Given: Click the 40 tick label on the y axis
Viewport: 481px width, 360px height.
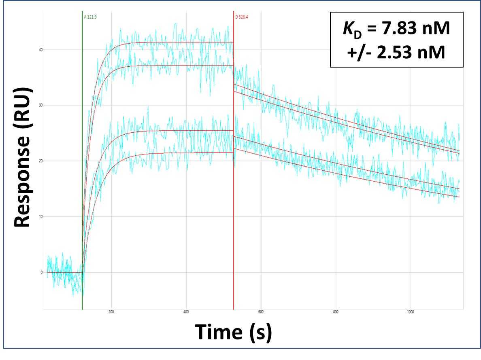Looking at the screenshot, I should pos(41,50).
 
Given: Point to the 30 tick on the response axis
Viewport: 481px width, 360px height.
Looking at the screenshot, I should pos(41,105).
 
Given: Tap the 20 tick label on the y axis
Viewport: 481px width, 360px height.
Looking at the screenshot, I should pos(41,161).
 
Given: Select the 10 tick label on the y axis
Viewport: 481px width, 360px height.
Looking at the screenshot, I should pos(41,216).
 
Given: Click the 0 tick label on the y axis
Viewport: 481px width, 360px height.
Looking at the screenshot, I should pos(41,272).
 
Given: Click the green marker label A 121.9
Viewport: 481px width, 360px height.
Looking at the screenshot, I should pos(91,17).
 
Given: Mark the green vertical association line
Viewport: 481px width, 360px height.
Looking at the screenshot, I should pos(82,162).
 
